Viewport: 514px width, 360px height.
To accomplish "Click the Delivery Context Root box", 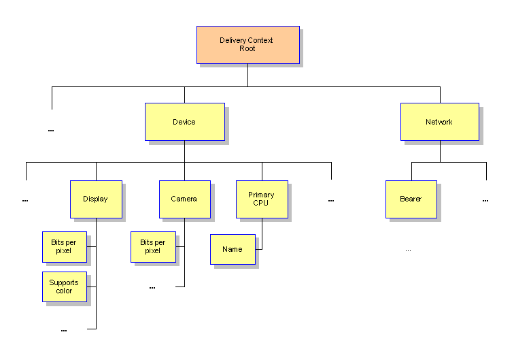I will pyautogui.click(x=247, y=45).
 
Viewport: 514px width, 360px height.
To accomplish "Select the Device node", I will pyautogui.click(x=184, y=122).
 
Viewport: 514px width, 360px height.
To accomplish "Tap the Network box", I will pyautogui.click(x=439, y=122).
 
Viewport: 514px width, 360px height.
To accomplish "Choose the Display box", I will pyautogui.click(x=96, y=199).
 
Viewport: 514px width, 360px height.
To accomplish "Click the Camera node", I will pyautogui.click(x=184, y=199).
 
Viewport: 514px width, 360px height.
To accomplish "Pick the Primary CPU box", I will pyautogui.click(x=262, y=199).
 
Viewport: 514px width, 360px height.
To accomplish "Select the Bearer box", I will pyautogui.click(x=411, y=199).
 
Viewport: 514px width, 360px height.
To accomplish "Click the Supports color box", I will pyautogui.click(x=64, y=287).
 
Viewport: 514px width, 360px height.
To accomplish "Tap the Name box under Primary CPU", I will pyautogui.click(x=233, y=249).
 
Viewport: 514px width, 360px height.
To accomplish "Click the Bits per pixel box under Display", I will pyautogui.click(x=64, y=246).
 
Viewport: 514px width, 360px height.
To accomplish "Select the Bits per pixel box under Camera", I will pyautogui.click(x=153, y=246).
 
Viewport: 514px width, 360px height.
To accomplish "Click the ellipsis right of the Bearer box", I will pyautogui.click(x=485, y=201).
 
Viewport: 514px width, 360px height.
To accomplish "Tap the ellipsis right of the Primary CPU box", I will pyautogui.click(x=331, y=201).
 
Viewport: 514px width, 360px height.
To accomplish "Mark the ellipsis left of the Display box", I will pyautogui.click(x=25, y=201).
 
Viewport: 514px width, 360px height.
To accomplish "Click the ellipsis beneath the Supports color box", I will pyautogui.click(x=64, y=331).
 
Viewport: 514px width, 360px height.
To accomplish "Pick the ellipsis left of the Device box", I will pyautogui.click(x=51, y=130).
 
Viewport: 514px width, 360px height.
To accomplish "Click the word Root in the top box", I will pyautogui.click(x=247, y=49).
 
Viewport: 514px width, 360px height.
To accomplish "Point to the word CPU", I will pyautogui.click(x=261, y=203).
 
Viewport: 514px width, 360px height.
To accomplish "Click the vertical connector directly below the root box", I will pyautogui.click(x=247, y=75).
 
